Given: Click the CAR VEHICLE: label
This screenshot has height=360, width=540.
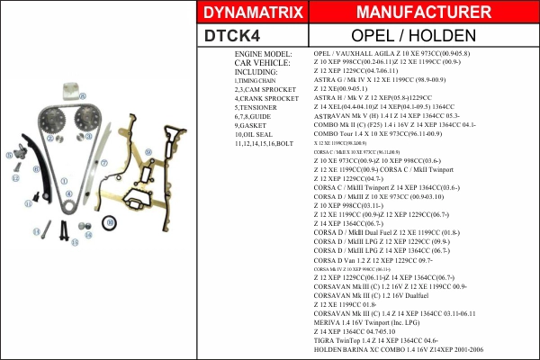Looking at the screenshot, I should point(262,63).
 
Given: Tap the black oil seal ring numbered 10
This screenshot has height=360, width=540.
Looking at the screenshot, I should point(109,221).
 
